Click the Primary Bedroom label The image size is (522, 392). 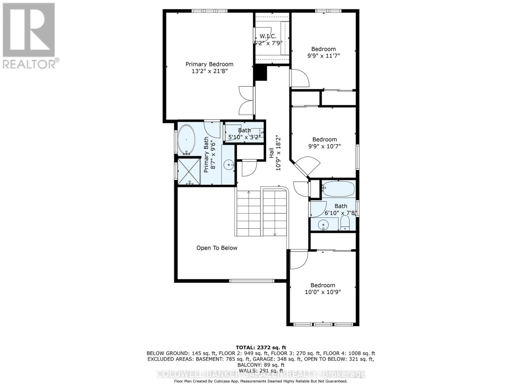click(x=209, y=64)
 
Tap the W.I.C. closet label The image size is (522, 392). click(x=268, y=36)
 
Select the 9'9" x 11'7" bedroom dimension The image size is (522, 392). click(x=323, y=56)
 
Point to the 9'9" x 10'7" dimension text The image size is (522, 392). click(x=324, y=146)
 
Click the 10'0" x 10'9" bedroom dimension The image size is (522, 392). click(x=323, y=292)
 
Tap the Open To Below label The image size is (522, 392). click(x=217, y=248)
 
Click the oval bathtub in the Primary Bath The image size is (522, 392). click(x=187, y=139)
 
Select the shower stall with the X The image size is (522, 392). click(x=189, y=171)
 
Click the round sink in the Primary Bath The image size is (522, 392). click(x=229, y=165)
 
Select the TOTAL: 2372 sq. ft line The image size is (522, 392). click(x=261, y=348)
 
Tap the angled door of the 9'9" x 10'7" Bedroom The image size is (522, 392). click(x=307, y=167)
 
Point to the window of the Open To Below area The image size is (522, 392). click(x=252, y=281)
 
